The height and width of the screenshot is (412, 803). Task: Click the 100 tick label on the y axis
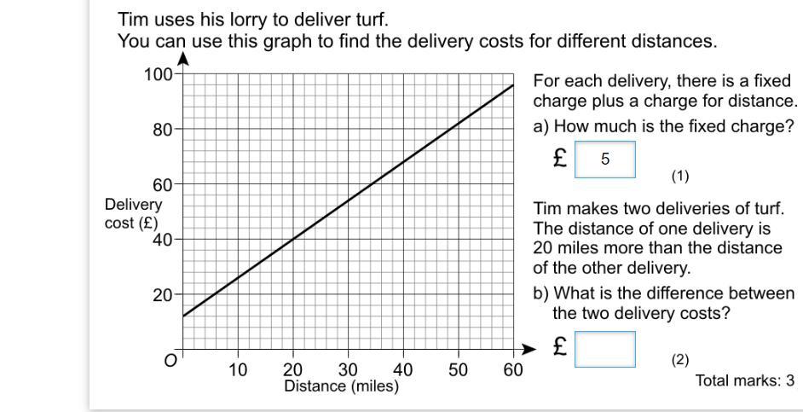pyautogui.click(x=159, y=74)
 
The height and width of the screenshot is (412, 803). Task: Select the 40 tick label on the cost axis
pyautogui.click(x=163, y=240)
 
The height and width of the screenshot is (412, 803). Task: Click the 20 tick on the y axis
pyautogui.click(x=163, y=295)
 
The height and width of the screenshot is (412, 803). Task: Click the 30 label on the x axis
pyautogui.click(x=348, y=369)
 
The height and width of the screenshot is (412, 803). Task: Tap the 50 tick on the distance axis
pyautogui.click(x=458, y=369)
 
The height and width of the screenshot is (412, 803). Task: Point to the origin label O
pyautogui.click(x=170, y=361)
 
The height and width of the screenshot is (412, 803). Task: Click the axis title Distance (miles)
pyautogui.click(x=341, y=386)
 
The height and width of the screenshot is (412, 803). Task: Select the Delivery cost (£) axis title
pyautogui.click(x=133, y=213)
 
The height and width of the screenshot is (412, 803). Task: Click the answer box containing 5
pyautogui.click(x=605, y=160)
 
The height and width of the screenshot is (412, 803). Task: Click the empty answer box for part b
pyautogui.click(x=605, y=349)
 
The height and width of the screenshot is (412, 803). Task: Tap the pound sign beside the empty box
pyautogui.click(x=560, y=347)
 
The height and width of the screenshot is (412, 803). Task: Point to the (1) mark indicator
pyautogui.click(x=679, y=177)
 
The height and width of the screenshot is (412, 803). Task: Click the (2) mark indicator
pyautogui.click(x=679, y=360)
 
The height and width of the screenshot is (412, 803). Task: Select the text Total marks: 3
pyautogui.click(x=745, y=380)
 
